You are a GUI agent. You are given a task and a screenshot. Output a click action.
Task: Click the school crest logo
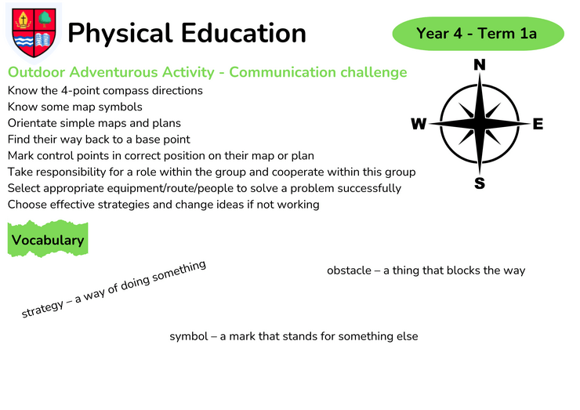(34, 33)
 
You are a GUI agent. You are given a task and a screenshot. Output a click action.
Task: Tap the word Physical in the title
(120, 34)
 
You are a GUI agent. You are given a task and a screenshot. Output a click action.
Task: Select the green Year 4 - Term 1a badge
(478, 33)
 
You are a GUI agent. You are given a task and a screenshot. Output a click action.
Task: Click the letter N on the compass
(480, 65)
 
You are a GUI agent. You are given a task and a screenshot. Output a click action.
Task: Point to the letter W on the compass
(419, 124)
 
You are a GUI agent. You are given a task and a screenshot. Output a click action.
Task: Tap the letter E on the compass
(538, 124)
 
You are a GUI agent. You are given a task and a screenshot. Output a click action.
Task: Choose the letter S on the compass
(480, 183)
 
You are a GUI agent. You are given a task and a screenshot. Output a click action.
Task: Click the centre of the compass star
(480, 123)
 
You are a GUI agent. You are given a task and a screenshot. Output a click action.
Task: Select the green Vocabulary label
(48, 239)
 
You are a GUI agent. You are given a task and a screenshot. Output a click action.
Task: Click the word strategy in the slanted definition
(42, 309)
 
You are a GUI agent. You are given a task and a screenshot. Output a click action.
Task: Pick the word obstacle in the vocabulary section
(350, 270)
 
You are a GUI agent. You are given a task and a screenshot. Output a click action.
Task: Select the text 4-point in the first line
(78, 91)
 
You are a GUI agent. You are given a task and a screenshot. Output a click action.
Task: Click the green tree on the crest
(45, 19)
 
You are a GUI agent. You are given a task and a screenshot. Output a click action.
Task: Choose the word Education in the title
(244, 33)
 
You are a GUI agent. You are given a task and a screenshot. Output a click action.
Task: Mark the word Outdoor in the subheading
(36, 72)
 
